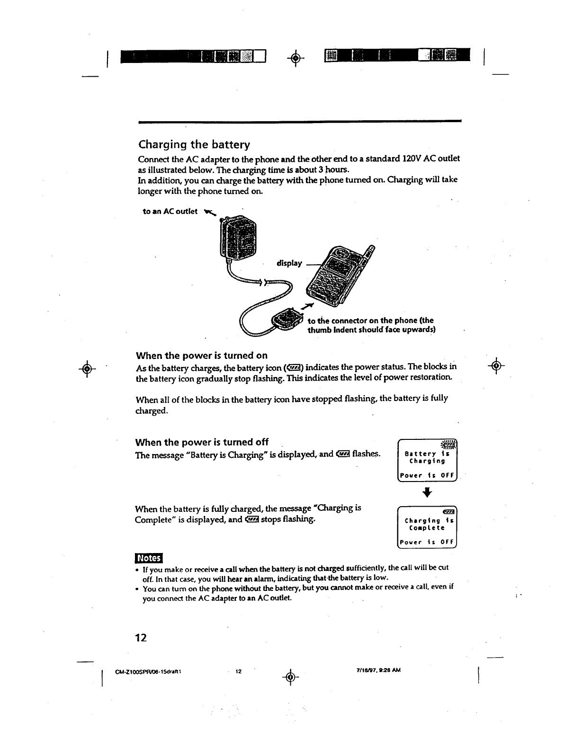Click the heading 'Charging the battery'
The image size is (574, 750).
194,144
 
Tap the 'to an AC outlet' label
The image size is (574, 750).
170,211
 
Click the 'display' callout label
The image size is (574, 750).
289,263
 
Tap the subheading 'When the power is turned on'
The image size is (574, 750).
201,356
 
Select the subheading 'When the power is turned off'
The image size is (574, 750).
202,442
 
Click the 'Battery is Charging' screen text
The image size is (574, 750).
427,457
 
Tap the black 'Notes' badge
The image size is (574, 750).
148,559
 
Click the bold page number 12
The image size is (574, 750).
141,637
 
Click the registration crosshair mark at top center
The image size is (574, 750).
295,58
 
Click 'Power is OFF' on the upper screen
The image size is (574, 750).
427,475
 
